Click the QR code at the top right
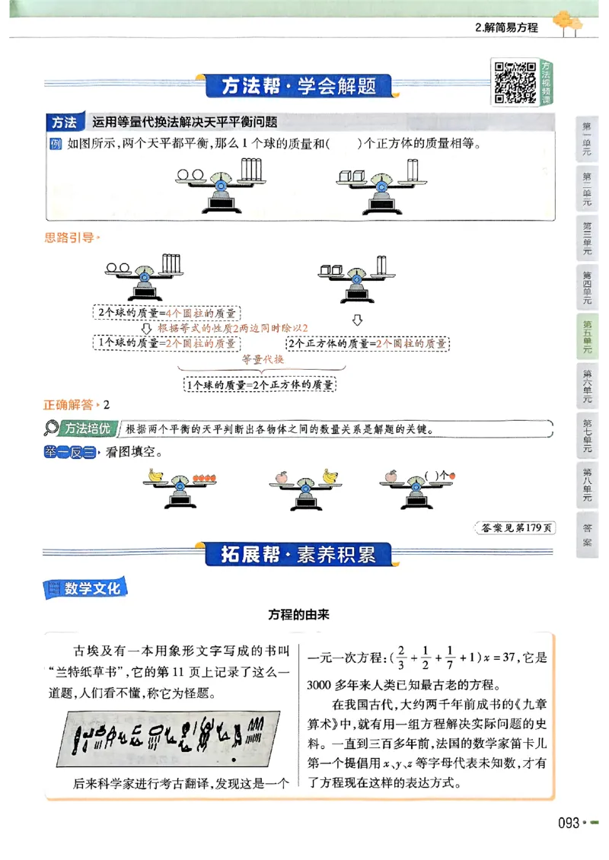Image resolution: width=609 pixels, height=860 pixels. point(515,81)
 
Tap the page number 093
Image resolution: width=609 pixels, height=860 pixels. point(569,823)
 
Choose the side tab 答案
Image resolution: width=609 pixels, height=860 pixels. point(588,534)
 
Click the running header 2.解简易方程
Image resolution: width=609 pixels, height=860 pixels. point(505,27)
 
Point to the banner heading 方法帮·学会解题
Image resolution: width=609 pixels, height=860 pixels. point(298,86)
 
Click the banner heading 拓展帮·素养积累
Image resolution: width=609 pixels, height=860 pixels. point(298,554)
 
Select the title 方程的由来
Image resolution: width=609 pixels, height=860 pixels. point(298,615)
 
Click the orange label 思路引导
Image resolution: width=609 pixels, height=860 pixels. point(71,237)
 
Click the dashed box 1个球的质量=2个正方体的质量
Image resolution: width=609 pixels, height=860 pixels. point(260,385)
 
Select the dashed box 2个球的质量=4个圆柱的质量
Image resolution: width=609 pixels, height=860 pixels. point(166,312)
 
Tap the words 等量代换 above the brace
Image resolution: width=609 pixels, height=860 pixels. point(262,359)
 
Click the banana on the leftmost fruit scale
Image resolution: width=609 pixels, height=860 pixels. point(156,475)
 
